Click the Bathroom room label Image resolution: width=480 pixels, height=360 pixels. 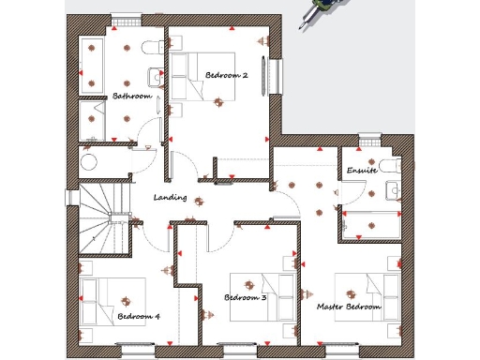(132, 96)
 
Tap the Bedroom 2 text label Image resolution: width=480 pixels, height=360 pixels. (226, 74)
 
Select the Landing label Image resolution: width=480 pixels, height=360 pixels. (170, 198)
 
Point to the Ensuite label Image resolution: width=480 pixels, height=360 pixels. (362, 171)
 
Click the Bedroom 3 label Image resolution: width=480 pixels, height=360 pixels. (246, 297)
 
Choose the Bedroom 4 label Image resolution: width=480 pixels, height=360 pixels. (138, 316)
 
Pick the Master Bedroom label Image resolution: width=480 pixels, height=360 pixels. (349, 307)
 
